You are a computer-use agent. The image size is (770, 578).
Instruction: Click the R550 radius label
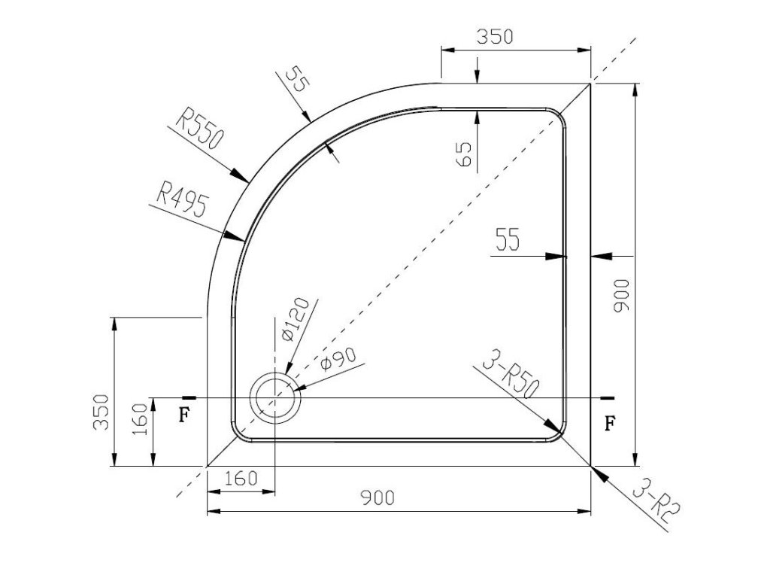pyautogui.click(x=199, y=128)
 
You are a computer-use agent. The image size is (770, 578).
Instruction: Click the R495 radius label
pyautogui.click(x=182, y=199)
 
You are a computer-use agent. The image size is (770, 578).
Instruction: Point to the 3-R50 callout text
pyautogui.click(x=511, y=374)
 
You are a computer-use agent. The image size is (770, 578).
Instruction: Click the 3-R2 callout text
pyautogui.click(x=655, y=502)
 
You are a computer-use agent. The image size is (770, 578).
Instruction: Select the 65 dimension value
pyautogui.click(x=464, y=154)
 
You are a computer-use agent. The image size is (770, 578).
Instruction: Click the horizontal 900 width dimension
pyautogui.click(x=377, y=497)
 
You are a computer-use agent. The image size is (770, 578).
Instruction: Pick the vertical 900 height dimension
pyautogui.click(x=621, y=295)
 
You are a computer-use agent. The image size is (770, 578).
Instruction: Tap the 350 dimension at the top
pyautogui.click(x=495, y=37)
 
